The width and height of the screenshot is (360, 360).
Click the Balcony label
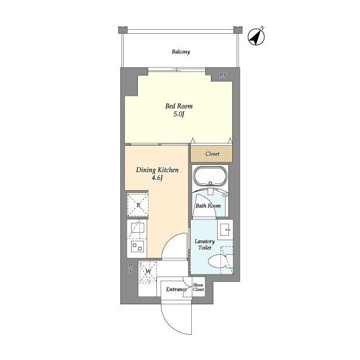[x=181, y=52]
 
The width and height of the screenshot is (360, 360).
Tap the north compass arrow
[x=256, y=37]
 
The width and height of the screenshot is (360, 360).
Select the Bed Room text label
[x=179, y=106]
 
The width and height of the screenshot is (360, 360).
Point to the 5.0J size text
[x=179, y=114]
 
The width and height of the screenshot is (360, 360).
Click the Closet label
[x=213, y=154]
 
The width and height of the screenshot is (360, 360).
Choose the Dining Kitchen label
[x=157, y=170]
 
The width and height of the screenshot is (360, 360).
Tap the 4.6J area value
[x=157, y=178]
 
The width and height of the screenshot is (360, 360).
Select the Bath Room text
[x=208, y=206]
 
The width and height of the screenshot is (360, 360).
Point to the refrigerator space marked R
[x=138, y=205]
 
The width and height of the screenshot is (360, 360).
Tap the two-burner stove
[x=137, y=247]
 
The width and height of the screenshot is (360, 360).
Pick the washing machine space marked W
[x=148, y=271]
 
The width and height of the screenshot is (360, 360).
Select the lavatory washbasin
[x=226, y=229]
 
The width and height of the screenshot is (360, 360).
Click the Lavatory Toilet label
[x=205, y=245]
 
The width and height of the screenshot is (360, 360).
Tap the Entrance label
[x=176, y=289]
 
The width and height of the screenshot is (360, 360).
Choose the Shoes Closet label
[x=198, y=287]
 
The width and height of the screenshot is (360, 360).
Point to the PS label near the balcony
[x=223, y=75]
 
